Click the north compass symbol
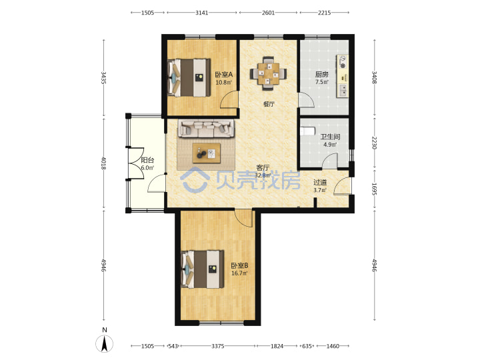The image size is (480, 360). pyautogui.click(x=105, y=343)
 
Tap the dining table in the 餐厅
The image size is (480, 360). pyautogui.click(x=269, y=73)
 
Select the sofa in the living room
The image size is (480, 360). pyautogui.click(x=206, y=128)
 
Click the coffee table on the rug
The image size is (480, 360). pyautogui.click(x=206, y=153)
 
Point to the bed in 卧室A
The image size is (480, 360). pyautogui.click(x=189, y=78)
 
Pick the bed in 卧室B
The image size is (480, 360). pyautogui.click(x=203, y=269)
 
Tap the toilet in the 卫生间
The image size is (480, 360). pyautogui.click(x=307, y=131)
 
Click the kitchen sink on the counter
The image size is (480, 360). pyautogui.click(x=343, y=90)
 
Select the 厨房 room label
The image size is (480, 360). pyautogui.click(x=322, y=75)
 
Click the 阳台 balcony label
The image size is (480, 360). pyautogui.click(x=147, y=160)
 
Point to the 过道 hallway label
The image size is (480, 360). pyautogui.click(x=320, y=183)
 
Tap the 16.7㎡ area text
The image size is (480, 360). pyautogui.click(x=239, y=273)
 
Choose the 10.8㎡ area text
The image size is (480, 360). pyautogui.click(x=223, y=82)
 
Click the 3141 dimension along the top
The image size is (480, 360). pyautogui.click(x=202, y=13)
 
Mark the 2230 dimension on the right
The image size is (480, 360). pyautogui.click(x=374, y=143)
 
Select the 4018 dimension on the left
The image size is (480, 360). pyautogui.click(x=104, y=163)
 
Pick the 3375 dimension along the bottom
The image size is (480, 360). pyautogui.click(x=217, y=346)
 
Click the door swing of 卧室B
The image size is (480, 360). pyautogui.click(x=244, y=218)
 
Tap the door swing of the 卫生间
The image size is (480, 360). pyautogui.click(x=330, y=161)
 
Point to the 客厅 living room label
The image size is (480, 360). pyautogui.click(x=263, y=168)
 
